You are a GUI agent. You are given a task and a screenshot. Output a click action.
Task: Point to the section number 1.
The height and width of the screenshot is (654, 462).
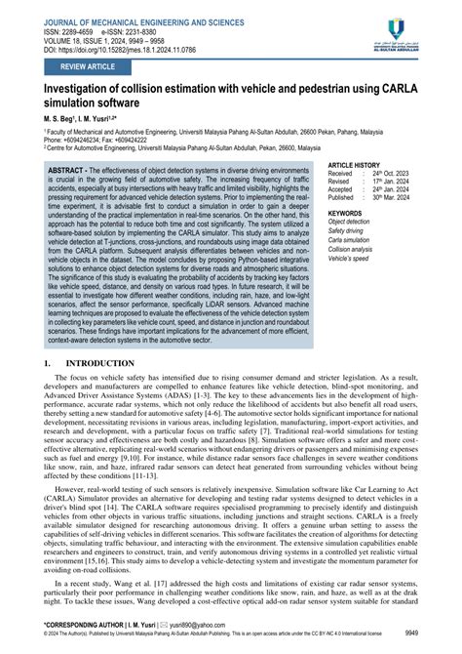click(48, 363)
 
